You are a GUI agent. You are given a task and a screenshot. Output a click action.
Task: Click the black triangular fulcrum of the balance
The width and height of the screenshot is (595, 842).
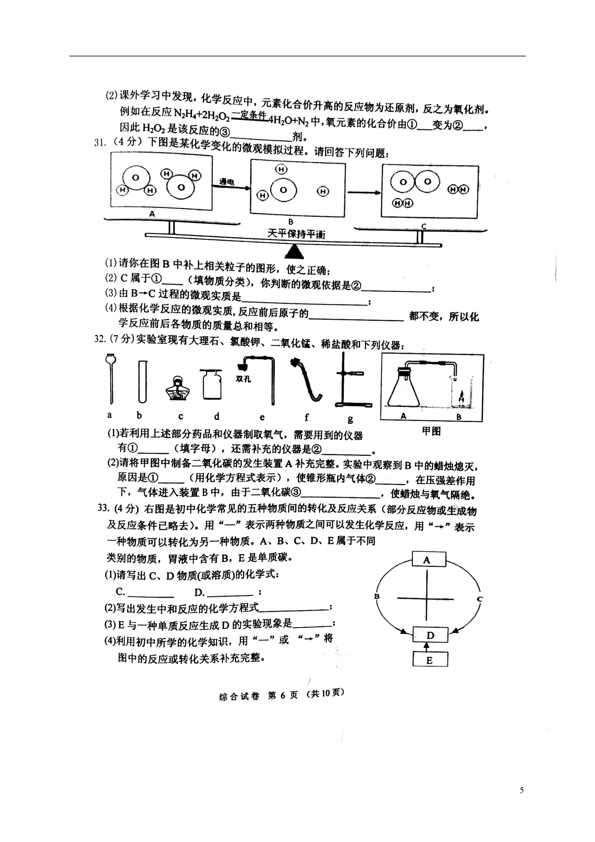[294, 252]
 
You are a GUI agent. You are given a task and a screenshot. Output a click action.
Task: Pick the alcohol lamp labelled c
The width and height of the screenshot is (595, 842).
[177, 389]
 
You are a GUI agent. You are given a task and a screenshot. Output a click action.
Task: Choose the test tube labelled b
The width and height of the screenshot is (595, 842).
[143, 381]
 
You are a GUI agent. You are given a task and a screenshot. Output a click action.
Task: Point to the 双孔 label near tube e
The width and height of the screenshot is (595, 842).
[243, 379]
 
